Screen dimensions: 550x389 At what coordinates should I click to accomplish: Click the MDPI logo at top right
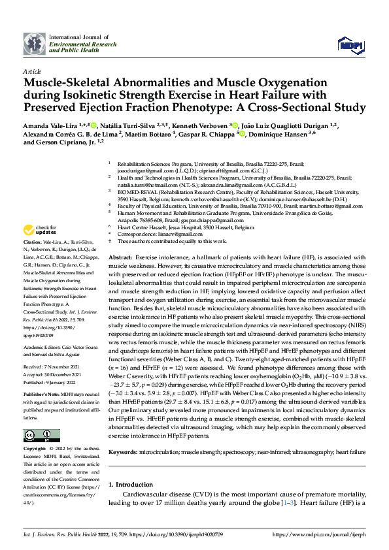pyautogui.click(x=347, y=44)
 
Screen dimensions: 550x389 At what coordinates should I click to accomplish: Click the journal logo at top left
pyautogui.click(x=35, y=43)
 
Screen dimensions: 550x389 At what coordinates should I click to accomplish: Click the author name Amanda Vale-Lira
pyautogui.click(x=48, y=124)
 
